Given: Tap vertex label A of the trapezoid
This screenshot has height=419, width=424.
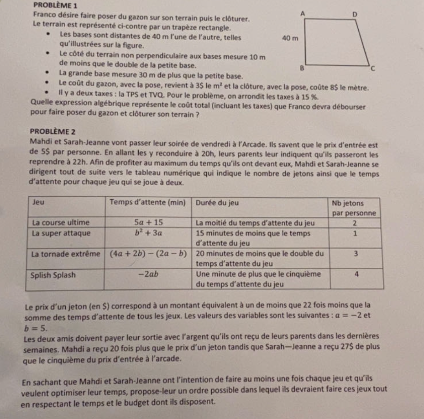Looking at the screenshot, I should (x=302, y=16).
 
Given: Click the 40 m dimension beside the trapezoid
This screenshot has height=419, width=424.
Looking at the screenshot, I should (x=291, y=39).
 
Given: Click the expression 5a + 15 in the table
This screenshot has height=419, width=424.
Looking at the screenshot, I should (x=149, y=222).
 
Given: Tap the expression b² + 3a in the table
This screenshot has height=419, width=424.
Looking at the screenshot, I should (x=149, y=233).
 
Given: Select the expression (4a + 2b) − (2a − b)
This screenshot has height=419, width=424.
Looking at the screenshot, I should (x=149, y=254).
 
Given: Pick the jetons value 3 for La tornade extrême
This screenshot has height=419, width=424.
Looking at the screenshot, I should (x=356, y=254).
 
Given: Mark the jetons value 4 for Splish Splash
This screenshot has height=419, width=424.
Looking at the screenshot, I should (x=356, y=275).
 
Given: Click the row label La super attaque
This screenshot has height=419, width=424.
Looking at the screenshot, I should (x=61, y=233).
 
